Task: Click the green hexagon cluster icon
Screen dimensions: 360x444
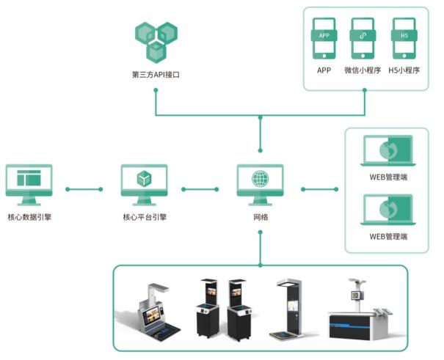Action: (156, 42)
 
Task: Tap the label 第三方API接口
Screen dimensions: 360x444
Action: (156, 75)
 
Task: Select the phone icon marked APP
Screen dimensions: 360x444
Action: (324, 39)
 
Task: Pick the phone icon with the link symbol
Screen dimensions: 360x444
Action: (363, 39)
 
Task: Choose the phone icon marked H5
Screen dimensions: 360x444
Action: (404, 39)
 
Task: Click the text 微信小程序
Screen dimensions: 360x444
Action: (363, 71)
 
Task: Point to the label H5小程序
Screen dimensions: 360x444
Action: (404, 71)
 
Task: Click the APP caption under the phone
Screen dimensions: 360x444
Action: (324, 71)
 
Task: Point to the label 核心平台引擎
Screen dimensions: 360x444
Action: (144, 217)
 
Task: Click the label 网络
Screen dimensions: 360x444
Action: (260, 217)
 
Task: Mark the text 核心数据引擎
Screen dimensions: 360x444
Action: (29, 217)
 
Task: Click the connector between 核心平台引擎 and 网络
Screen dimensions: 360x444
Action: (200, 189)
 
